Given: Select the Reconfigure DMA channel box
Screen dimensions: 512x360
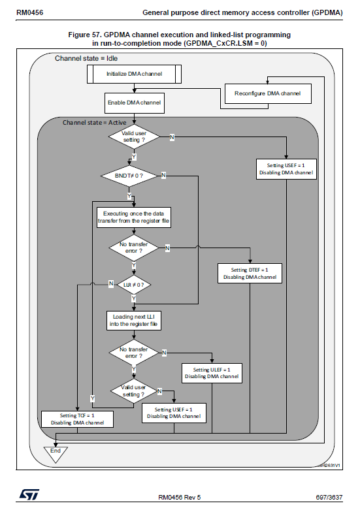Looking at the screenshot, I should coord(268,93).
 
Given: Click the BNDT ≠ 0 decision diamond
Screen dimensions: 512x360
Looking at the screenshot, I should coord(131,176).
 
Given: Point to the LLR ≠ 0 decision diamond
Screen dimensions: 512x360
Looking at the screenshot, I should coord(133,285).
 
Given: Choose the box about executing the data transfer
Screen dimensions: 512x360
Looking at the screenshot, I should coord(133,217).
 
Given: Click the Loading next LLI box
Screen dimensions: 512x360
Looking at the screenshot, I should coord(133,320).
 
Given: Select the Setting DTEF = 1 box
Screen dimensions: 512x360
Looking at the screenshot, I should coord(250,273).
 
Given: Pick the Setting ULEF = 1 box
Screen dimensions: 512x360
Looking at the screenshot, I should coord(212,372).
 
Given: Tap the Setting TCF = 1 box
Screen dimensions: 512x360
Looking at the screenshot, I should coord(77,419).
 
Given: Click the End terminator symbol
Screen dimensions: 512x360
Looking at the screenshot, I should coord(55,451).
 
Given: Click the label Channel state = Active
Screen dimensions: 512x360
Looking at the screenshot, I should coord(94,122).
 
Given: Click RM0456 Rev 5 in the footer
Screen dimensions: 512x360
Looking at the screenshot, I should coord(180,497).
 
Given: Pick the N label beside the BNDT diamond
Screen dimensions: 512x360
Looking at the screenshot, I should coord(163,176).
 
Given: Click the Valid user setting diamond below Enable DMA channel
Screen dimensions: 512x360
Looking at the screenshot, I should coord(133,137).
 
